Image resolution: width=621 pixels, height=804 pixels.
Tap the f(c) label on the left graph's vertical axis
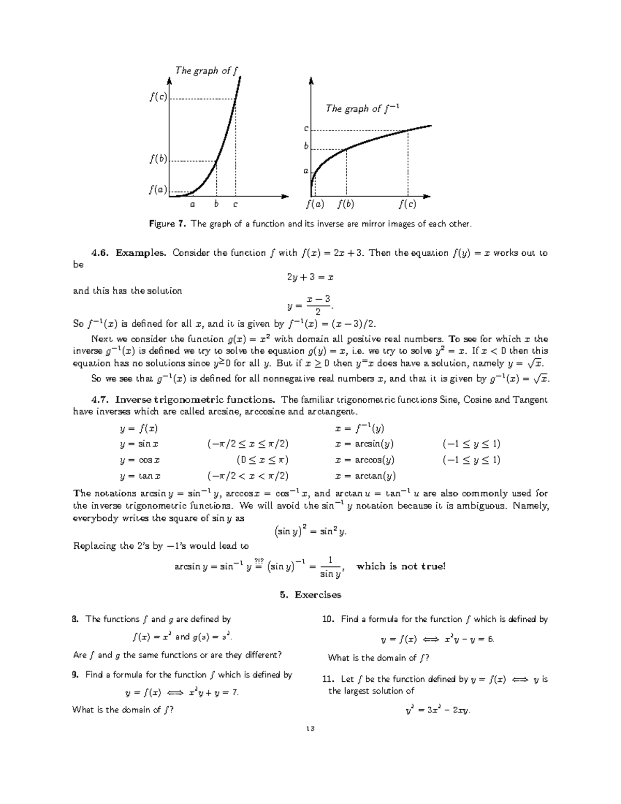[x=158, y=97]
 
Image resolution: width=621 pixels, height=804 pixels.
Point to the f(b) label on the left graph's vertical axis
[x=158, y=159]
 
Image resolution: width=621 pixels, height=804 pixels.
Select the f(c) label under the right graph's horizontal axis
[x=407, y=204]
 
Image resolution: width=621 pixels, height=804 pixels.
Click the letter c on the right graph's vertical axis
[x=306, y=128]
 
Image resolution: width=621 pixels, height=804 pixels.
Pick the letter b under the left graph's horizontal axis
[x=216, y=204]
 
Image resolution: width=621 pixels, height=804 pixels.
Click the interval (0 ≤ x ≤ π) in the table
[x=262, y=460]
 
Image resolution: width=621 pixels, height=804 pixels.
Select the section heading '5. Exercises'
[x=310, y=595]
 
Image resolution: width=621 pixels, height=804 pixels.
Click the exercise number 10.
[x=327, y=619]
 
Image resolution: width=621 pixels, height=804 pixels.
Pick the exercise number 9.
[x=76, y=675]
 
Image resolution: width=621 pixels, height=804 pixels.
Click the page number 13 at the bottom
[x=310, y=728]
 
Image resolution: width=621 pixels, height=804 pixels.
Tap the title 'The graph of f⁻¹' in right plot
[x=363, y=108]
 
